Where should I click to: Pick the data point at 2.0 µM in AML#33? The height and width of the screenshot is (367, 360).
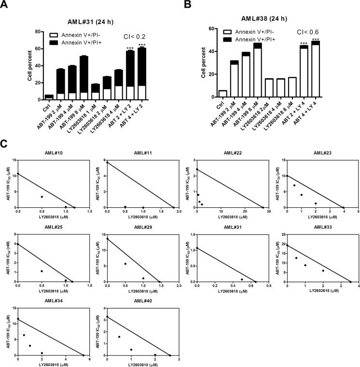323,271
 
